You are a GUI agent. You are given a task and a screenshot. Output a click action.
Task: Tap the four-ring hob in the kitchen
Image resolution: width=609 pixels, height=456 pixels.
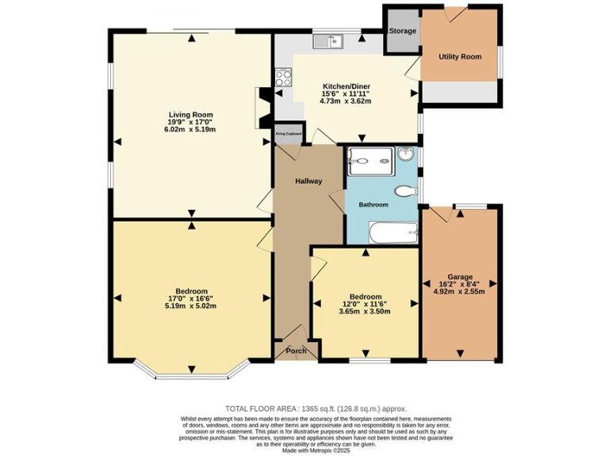pyautogui.click(x=282, y=78)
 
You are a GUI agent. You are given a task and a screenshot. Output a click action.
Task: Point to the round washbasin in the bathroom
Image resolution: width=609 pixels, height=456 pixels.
pyautogui.click(x=407, y=154)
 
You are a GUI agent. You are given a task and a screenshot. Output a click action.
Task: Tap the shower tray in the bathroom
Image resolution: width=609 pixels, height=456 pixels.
pyautogui.click(x=370, y=161)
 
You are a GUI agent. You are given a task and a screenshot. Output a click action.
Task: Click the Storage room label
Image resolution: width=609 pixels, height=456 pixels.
pyautogui.click(x=402, y=32)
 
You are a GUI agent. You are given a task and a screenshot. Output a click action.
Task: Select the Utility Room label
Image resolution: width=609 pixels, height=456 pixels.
pyautogui.click(x=460, y=57)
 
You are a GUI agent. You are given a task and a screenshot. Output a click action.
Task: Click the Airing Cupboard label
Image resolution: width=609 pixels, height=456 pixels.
pyautogui.click(x=288, y=134)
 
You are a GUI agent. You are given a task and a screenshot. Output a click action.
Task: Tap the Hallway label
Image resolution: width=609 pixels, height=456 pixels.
pyautogui.click(x=308, y=181)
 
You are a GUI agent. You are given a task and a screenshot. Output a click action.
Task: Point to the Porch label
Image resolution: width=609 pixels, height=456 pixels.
pyautogui.click(x=296, y=351)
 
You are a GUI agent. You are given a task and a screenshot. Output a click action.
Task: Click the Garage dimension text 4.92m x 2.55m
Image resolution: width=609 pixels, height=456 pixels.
pyautogui.click(x=459, y=291)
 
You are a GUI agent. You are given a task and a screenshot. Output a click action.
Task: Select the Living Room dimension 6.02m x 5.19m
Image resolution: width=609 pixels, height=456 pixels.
pyautogui.click(x=190, y=129)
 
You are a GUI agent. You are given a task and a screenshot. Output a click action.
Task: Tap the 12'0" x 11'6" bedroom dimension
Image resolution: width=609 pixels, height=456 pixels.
pyautogui.click(x=366, y=304)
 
